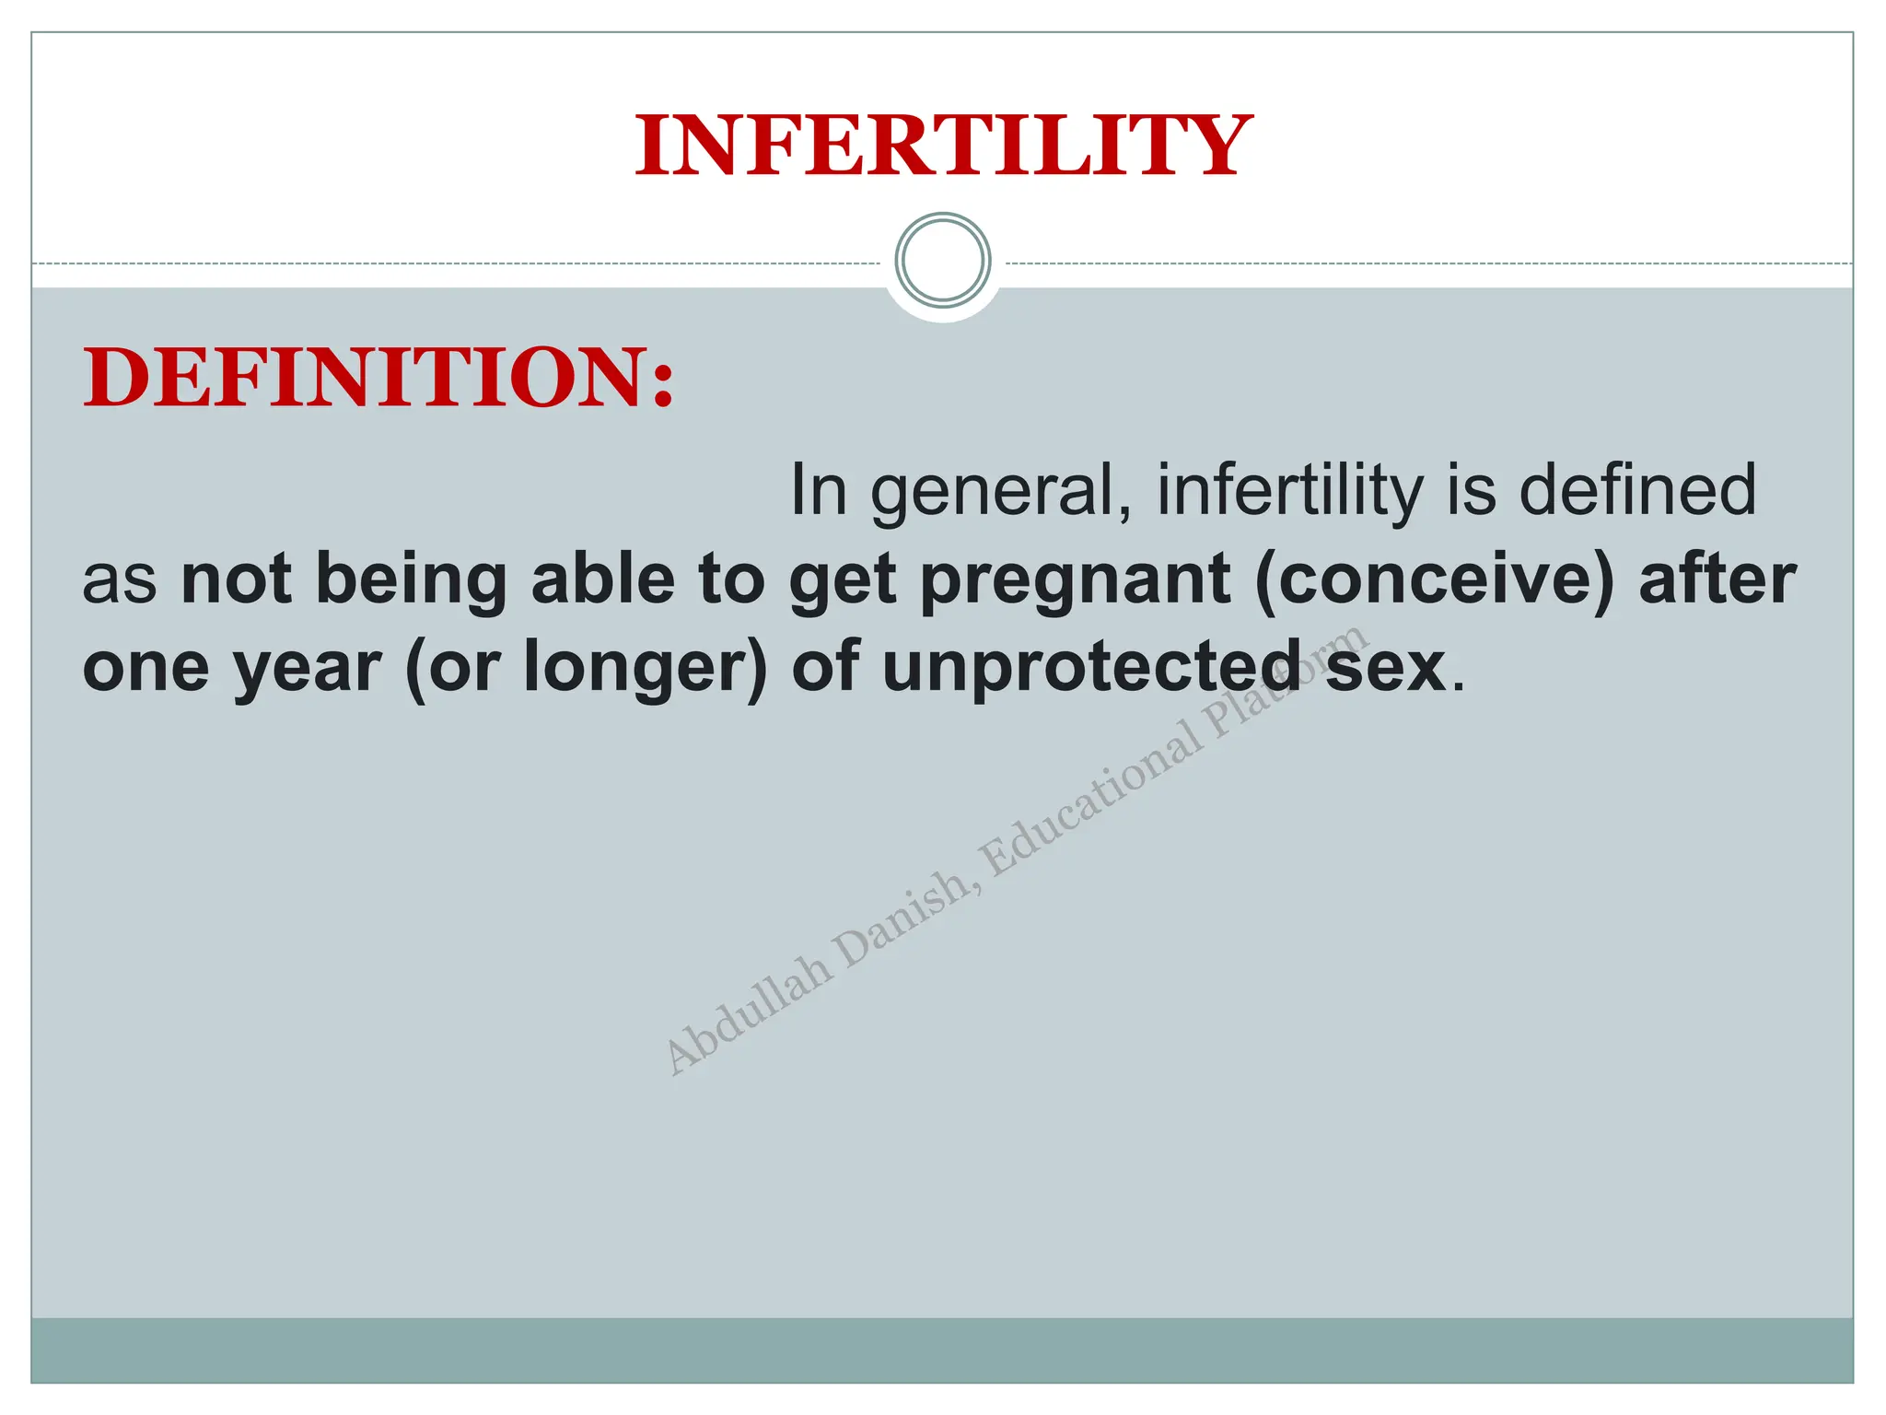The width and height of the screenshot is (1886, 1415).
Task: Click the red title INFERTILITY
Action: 943,146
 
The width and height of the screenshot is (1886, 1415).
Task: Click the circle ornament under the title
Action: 943,261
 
